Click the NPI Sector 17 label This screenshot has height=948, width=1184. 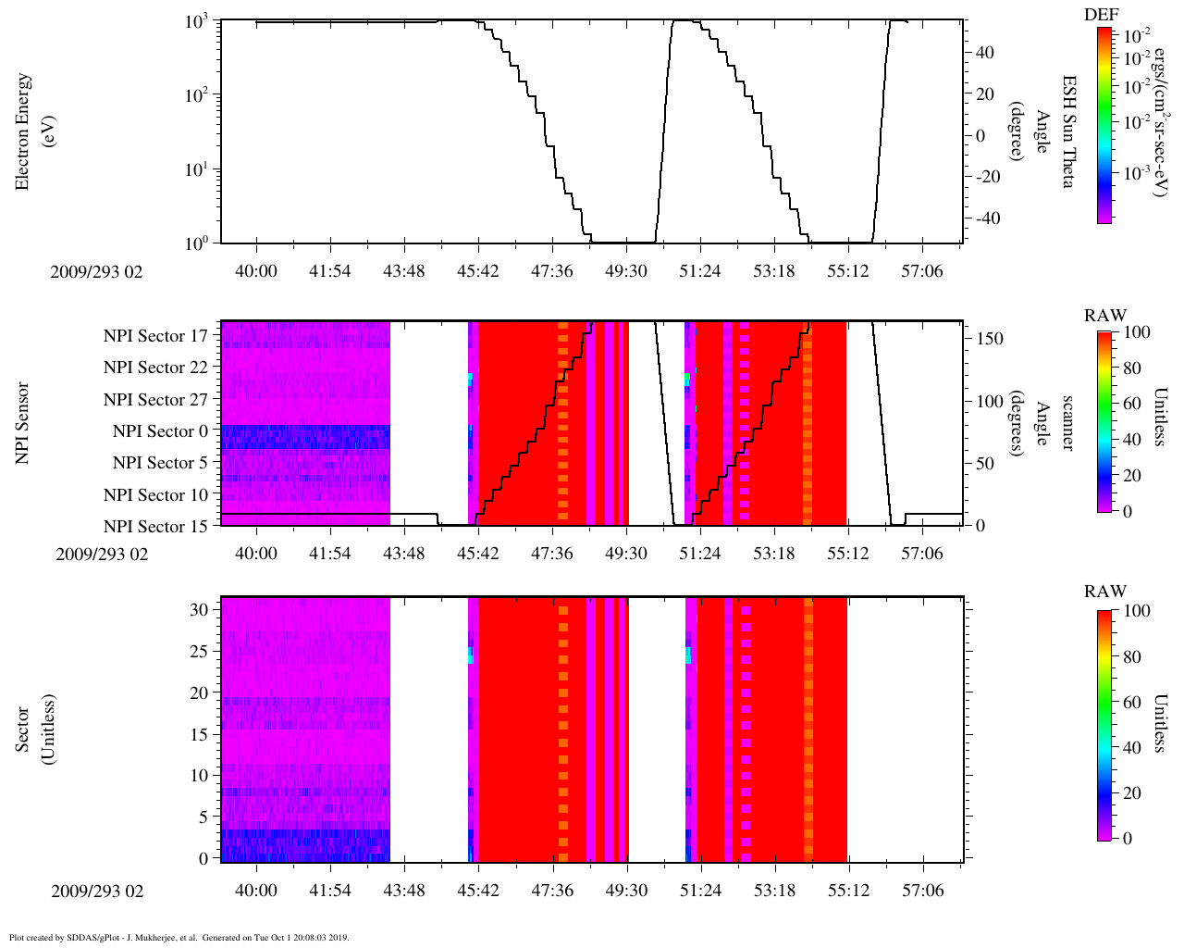tap(155, 336)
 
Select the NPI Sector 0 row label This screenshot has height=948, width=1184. tap(160, 431)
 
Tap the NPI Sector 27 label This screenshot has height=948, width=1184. tap(155, 400)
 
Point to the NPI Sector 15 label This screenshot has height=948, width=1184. tap(155, 527)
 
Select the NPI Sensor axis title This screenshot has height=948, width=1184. tap(22, 422)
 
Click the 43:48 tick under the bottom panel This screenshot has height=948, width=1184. tap(404, 891)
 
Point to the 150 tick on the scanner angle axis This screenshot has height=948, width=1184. tap(990, 339)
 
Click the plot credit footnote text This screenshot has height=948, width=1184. tap(179, 937)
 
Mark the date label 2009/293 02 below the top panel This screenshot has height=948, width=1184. tap(96, 272)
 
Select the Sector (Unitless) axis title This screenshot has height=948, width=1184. tap(33, 730)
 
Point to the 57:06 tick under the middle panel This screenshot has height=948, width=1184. tap(922, 554)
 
